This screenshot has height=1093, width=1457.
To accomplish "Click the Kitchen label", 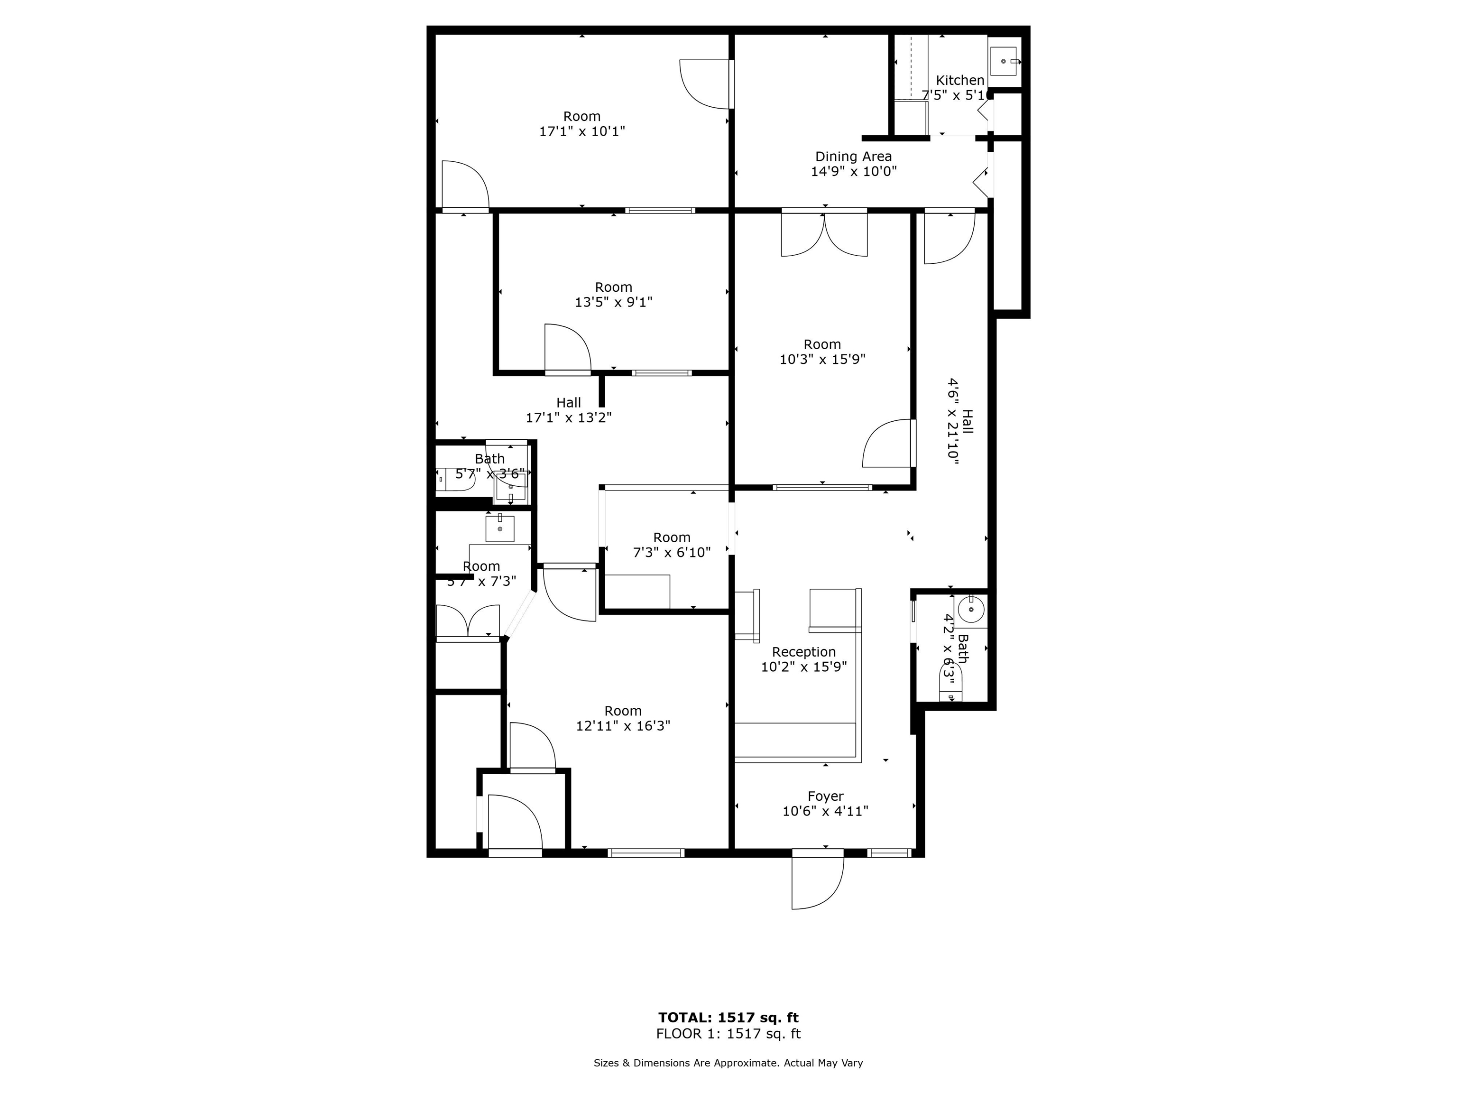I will point(959,80).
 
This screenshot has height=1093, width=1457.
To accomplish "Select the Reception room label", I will point(803,652).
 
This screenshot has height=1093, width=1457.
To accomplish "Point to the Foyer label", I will point(825,797).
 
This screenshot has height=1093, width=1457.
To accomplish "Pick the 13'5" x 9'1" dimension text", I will point(613,302).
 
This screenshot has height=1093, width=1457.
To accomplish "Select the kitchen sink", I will point(1003,61).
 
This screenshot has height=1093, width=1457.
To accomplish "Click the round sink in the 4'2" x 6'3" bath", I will point(971,610).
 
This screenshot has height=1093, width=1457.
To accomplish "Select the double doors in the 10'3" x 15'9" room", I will point(824,234).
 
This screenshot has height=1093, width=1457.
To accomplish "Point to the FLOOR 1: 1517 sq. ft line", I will point(728,1034).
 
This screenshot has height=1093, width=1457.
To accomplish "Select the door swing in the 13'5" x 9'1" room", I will point(566,349).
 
